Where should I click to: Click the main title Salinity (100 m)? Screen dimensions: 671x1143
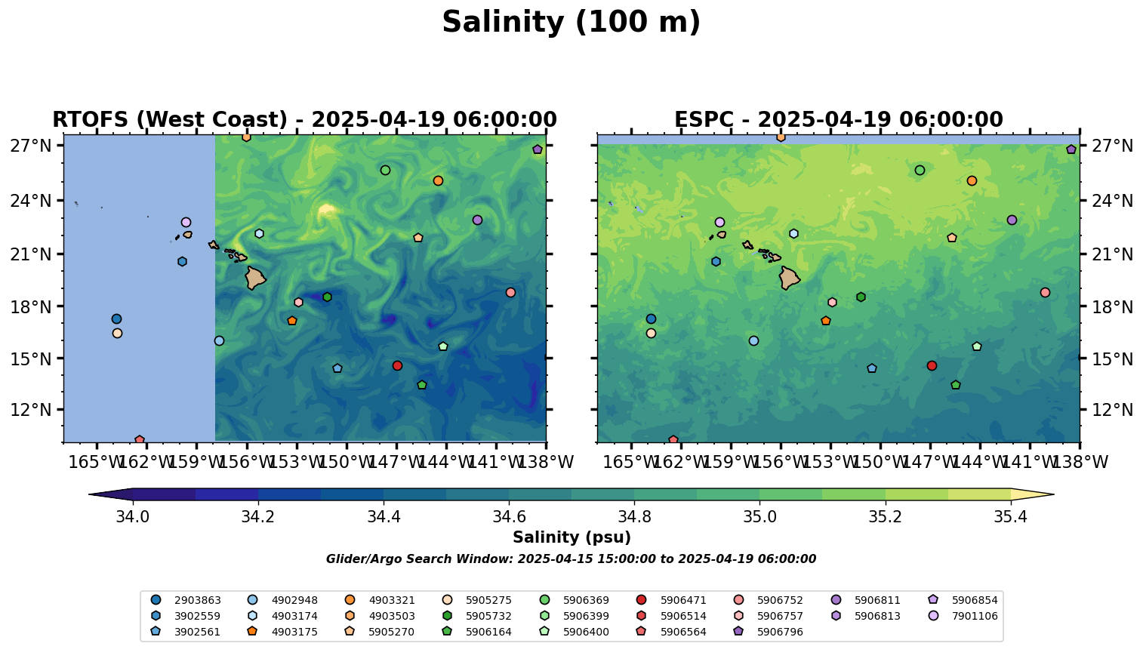tap(571, 23)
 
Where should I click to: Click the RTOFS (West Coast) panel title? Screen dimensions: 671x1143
tap(304, 120)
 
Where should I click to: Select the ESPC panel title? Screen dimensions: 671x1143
tap(838, 120)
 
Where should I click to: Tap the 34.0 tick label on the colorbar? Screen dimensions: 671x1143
tap(133, 517)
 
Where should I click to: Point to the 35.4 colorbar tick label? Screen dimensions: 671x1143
tap(1010, 517)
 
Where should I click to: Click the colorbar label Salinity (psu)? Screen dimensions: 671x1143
tap(571, 537)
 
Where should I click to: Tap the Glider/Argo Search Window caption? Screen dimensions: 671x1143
tap(571, 559)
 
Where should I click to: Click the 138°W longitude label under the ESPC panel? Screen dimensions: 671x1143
tap(1080, 462)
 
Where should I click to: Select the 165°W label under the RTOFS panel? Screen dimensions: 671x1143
tap(97, 462)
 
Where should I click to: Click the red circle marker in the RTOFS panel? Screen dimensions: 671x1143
tap(397, 366)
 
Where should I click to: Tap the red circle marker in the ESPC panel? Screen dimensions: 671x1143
tap(932, 366)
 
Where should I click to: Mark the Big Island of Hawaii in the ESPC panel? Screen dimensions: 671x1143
tap(789, 278)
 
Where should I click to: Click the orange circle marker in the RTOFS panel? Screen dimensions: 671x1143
tap(438, 180)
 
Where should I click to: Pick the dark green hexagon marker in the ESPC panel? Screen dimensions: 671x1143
tap(861, 297)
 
